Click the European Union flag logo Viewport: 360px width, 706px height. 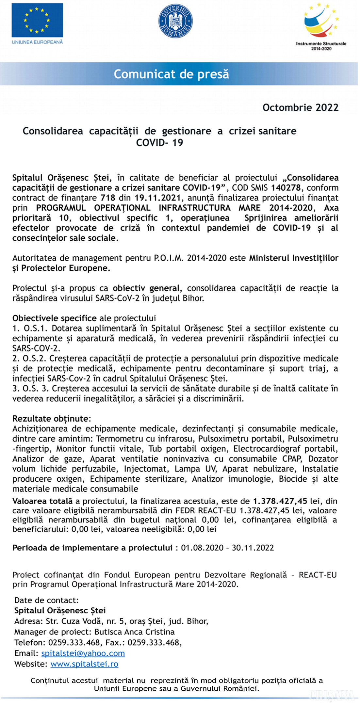(37, 20)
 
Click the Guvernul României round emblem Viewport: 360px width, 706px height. (175, 21)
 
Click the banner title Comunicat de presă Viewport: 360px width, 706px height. (171, 74)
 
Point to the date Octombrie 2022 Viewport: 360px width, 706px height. (300, 108)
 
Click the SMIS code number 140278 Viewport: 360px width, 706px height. (286, 188)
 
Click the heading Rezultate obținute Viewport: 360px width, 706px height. (51, 419)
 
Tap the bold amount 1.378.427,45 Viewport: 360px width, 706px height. (280, 501)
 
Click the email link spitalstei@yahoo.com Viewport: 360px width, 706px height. (83, 653)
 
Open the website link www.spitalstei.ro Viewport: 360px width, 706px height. (84, 664)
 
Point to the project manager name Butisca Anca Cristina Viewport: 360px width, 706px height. (134, 632)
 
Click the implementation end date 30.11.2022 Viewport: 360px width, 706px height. (253, 548)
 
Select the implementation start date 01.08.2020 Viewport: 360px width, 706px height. (202, 548)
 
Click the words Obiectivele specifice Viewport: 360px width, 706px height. (54, 318)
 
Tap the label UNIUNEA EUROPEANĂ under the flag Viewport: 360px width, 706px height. (37, 42)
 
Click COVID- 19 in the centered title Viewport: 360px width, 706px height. (159, 143)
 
